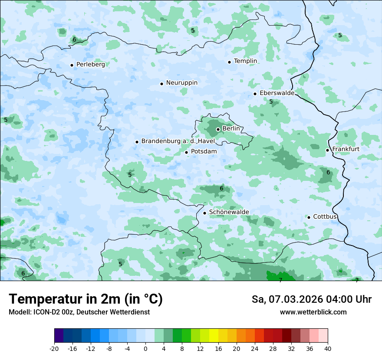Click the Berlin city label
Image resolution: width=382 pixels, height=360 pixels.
231,129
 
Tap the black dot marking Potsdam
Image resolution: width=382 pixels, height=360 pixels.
186,152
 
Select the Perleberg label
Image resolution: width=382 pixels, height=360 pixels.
90,65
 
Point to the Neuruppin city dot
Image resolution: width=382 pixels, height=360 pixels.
161,84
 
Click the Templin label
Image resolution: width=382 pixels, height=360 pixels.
245,61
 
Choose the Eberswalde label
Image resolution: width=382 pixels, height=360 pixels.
277,93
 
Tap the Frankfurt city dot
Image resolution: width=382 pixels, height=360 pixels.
327,150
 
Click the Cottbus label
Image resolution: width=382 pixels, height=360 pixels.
325,216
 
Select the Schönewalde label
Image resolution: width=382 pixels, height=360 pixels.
229,212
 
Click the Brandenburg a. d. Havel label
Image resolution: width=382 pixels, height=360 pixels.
178,141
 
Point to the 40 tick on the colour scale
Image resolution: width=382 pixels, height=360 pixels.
328,348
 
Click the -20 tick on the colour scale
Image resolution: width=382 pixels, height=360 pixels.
54,348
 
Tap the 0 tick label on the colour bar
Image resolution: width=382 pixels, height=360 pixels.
145,348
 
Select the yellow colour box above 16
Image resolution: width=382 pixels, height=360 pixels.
214,336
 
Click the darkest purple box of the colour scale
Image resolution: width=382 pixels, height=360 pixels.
59,336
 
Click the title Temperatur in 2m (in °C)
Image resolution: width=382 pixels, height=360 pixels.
86,299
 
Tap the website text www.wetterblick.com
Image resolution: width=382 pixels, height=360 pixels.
313,312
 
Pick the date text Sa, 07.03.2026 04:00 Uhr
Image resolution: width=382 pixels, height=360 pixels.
311,299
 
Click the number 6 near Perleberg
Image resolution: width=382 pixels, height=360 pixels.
74,39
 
